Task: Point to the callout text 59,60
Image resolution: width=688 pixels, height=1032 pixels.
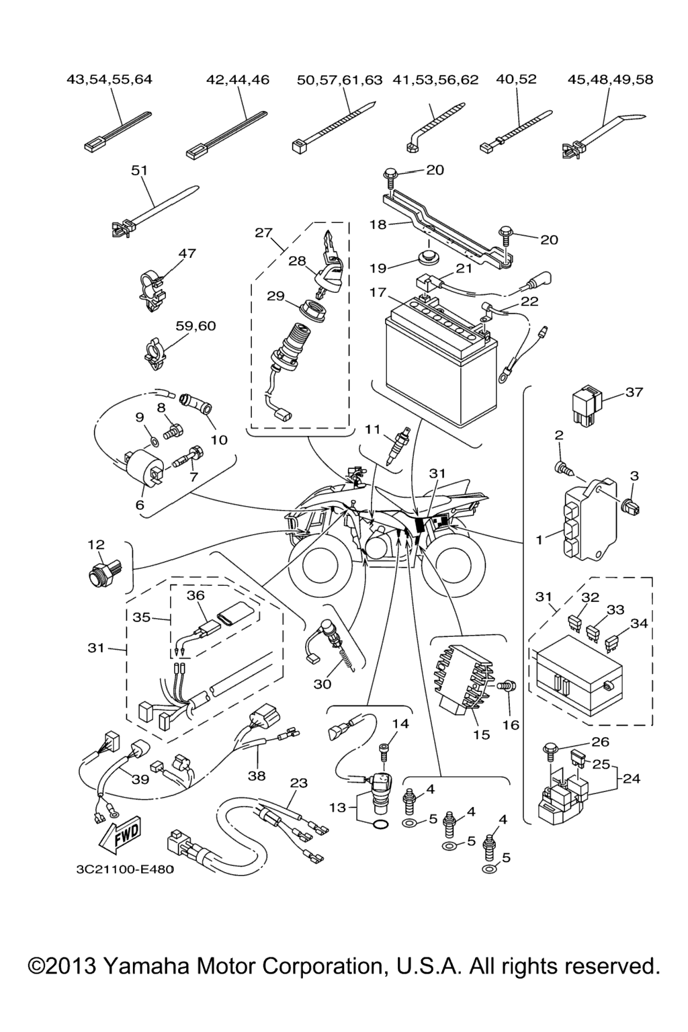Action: (x=196, y=326)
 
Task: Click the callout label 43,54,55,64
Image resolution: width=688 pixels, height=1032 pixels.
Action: (x=110, y=79)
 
